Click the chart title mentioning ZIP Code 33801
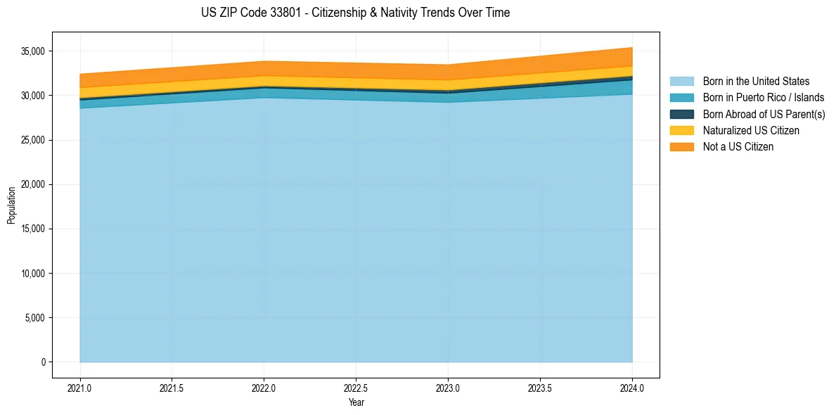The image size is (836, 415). (x=355, y=13)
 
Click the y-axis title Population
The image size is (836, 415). (x=11, y=205)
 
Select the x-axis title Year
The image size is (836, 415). (x=356, y=402)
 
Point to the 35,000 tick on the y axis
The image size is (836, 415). (x=32, y=51)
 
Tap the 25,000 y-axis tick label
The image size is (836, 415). (x=32, y=140)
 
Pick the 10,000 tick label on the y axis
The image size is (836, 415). (x=32, y=274)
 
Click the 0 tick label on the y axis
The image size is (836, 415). (x=43, y=362)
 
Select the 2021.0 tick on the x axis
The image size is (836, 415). (x=80, y=388)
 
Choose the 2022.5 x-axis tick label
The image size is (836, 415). (x=356, y=388)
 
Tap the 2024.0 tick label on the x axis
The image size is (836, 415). (x=632, y=388)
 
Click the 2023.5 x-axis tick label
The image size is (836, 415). (x=540, y=388)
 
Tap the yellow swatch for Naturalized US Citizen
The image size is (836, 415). (x=681, y=130)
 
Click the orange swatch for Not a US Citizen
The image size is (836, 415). (x=681, y=146)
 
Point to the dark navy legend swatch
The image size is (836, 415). (x=681, y=114)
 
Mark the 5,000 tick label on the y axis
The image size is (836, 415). (x=34, y=318)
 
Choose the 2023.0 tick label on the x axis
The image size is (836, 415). (x=448, y=388)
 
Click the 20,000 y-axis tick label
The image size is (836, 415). (x=32, y=184)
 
